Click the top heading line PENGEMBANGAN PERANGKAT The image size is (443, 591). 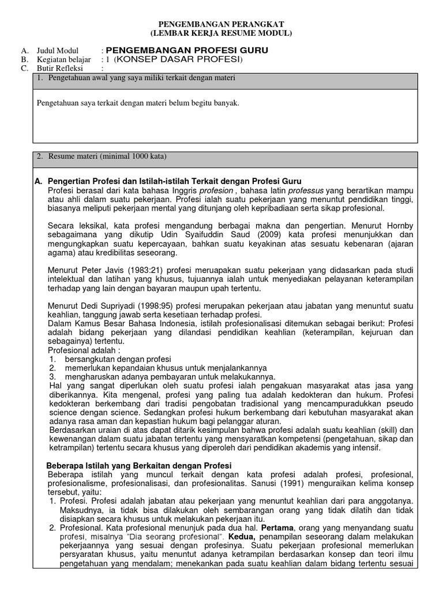[221, 24]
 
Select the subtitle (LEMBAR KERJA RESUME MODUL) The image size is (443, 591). [221, 33]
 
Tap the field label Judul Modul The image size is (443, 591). [58, 50]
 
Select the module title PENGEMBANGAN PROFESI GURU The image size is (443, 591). [187, 50]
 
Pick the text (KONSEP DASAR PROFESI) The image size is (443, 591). [178, 59]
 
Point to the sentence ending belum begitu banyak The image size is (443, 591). [138, 103]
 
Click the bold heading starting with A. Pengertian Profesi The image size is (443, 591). [168, 181]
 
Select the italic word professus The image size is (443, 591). [306, 190]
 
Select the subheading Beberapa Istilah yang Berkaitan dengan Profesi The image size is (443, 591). [138, 465]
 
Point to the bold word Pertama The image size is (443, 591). [280, 528]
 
